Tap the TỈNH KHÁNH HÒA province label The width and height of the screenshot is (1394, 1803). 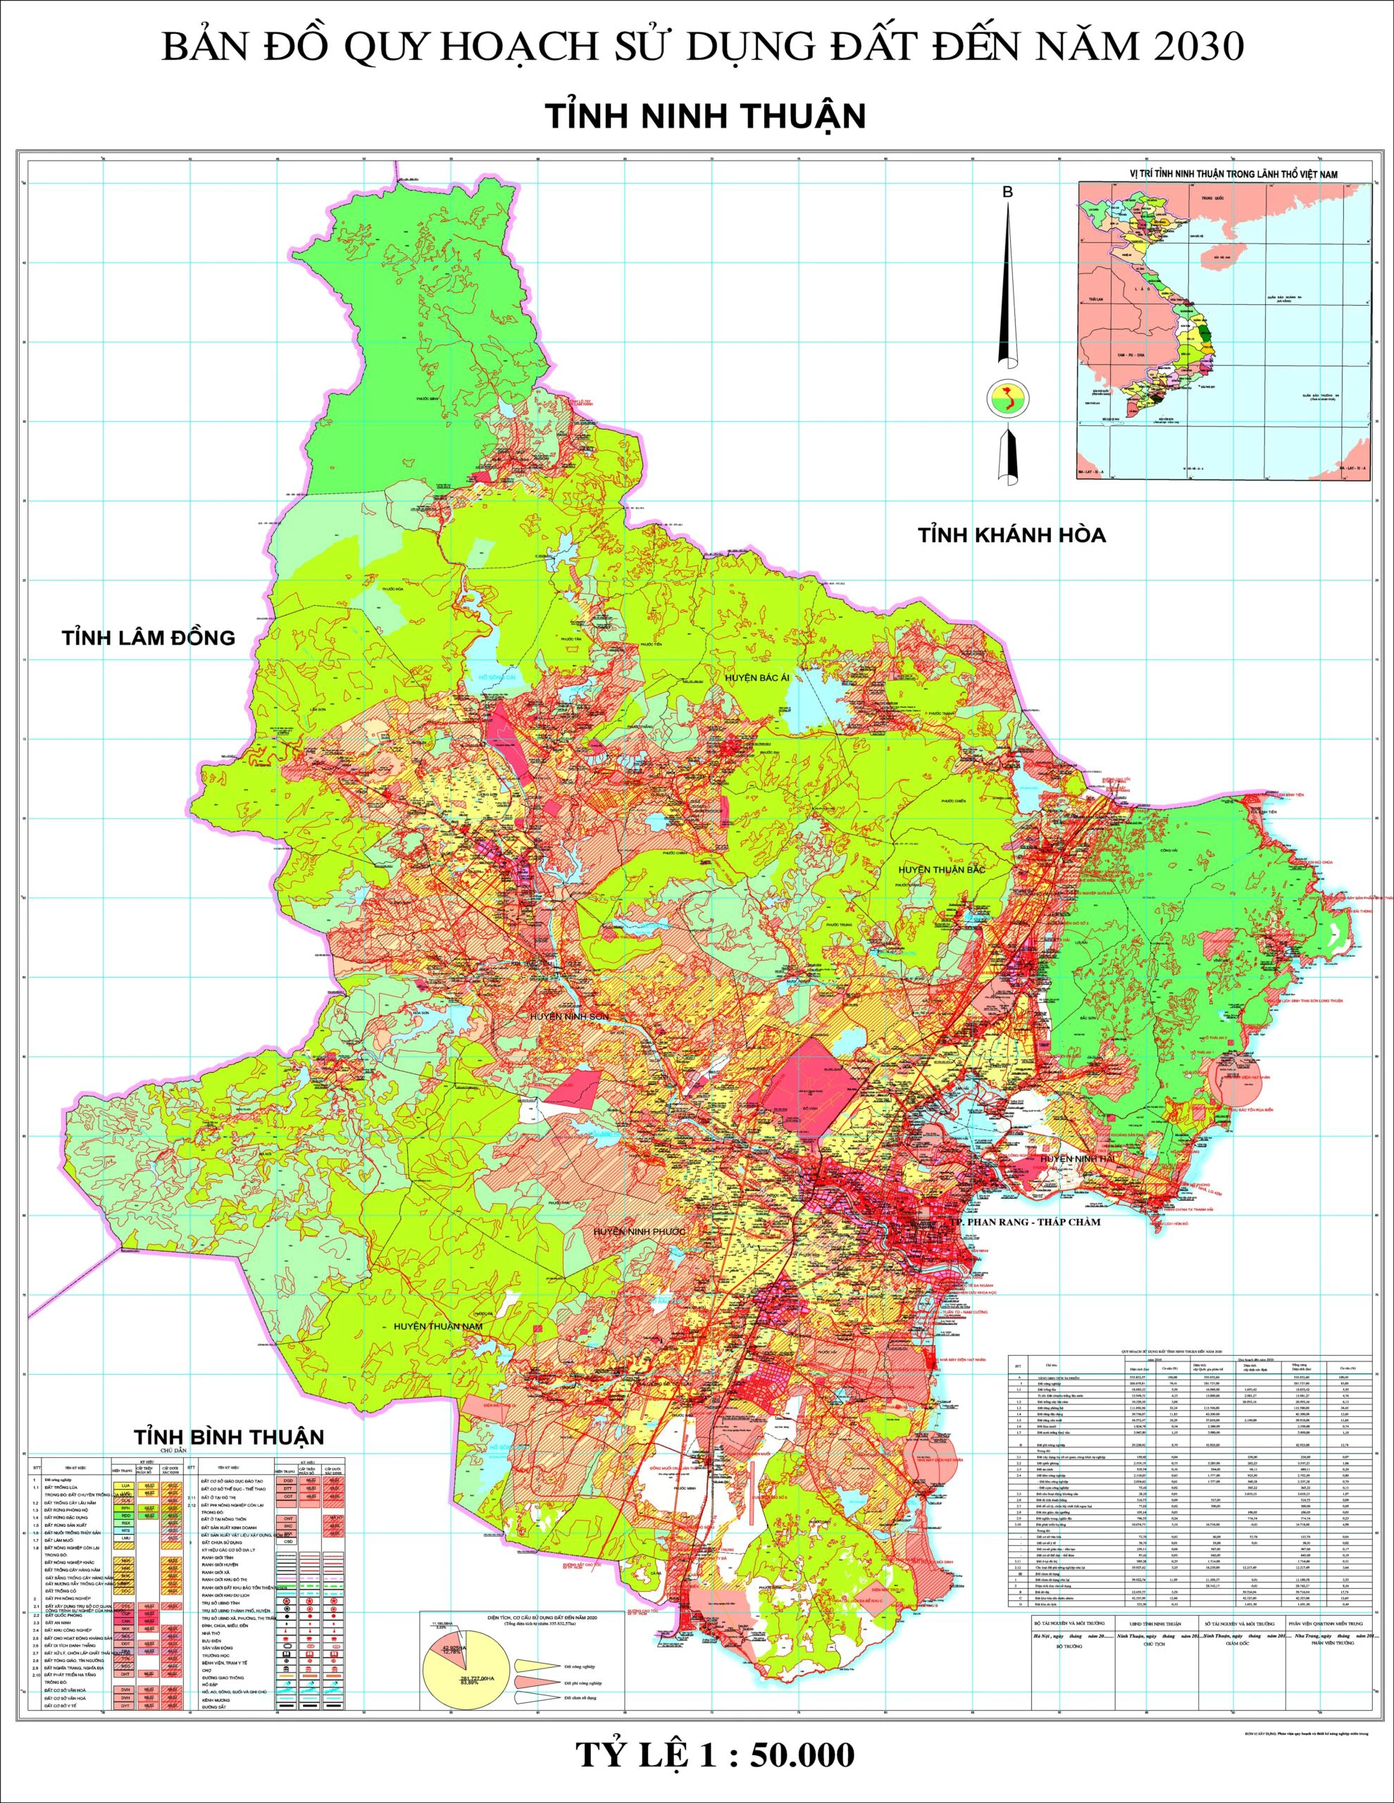(1012, 535)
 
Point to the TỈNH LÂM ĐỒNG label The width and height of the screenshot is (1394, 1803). (149, 637)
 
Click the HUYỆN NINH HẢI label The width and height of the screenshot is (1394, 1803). (1073, 1159)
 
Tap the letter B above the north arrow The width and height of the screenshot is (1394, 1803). (1007, 192)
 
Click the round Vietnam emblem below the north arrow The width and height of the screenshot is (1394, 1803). (1007, 399)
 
